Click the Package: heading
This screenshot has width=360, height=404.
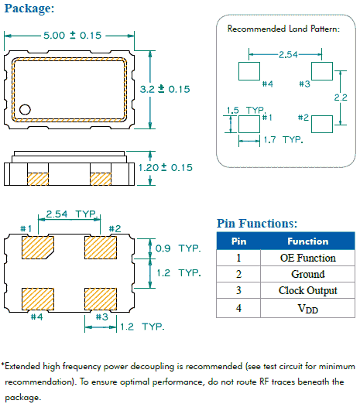pos(29,9)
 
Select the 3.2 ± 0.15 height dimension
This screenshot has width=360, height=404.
pos(164,90)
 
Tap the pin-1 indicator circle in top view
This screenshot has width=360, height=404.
pos(26,109)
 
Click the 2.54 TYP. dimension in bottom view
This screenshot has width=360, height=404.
pos(67,213)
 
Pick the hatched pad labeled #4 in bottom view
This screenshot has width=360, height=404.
pos(37,298)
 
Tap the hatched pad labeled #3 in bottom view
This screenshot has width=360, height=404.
pos(99,298)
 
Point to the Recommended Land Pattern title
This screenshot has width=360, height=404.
pos(283,29)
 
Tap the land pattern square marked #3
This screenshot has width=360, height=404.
pos(322,70)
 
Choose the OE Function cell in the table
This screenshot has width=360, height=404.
pos(307,258)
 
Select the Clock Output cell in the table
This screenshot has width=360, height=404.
pos(307,290)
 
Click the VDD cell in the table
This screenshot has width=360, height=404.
pos(307,307)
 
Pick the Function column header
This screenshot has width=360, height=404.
pos(307,241)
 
